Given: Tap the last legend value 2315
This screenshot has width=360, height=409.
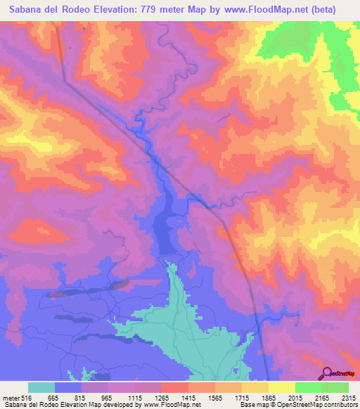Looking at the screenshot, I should tap(348, 398).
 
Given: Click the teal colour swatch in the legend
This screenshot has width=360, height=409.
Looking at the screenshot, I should tap(41, 387).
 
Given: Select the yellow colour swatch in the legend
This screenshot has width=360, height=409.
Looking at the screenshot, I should tap(281, 387).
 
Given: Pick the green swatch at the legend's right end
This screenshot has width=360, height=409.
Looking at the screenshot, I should tap(335, 387).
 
